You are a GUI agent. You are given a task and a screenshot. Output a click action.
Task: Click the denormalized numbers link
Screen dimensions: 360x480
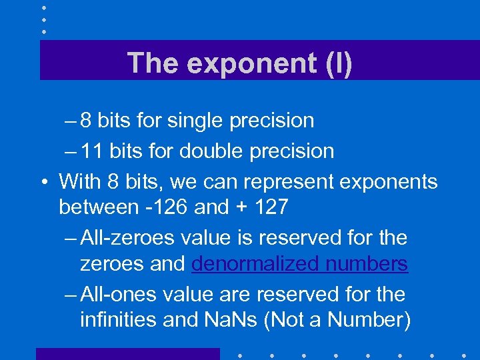point(299,264)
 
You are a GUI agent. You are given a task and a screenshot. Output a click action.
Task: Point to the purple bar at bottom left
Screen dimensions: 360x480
point(127,353)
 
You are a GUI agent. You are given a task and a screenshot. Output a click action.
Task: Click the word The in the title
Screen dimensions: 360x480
point(154,63)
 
